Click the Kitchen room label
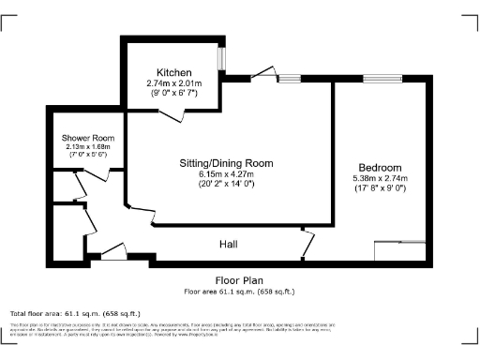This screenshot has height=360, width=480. (x=174, y=72)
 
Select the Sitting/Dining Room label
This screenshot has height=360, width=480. (x=227, y=163)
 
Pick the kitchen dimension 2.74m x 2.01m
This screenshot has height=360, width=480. (x=174, y=82)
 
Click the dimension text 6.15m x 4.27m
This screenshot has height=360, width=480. (x=227, y=174)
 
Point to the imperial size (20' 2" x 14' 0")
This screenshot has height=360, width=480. (x=227, y=185)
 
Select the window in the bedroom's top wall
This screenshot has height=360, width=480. (x=378, y=79)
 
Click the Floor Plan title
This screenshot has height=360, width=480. (x=239, y=280)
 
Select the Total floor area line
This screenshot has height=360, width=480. (x=75, y=312)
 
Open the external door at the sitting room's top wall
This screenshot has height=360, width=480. (x=262, y=79)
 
